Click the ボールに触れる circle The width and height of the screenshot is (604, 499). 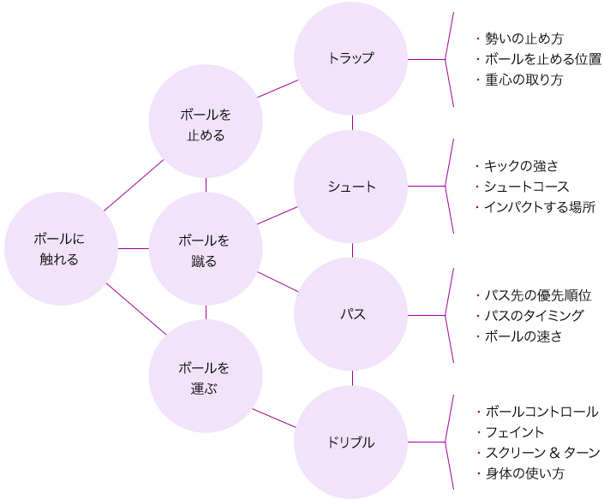coord(61,248)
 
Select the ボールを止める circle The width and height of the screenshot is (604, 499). coord(206,122)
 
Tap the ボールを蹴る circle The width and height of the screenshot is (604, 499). coord(206,248)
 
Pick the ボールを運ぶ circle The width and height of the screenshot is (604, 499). coord(206,376)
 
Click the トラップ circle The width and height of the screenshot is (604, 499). coord(350,58)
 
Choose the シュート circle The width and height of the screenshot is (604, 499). coord(350,187)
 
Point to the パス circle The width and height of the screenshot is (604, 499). coord(350,314)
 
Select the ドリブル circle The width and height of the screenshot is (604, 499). coord(350,442)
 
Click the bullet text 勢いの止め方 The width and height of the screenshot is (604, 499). coord(523,39)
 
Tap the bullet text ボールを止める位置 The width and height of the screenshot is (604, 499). coord(543,59)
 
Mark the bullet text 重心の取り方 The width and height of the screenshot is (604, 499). coord(523,80)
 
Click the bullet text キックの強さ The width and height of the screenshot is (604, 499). coord(521,166)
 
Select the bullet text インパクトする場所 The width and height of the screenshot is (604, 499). coord(540,207)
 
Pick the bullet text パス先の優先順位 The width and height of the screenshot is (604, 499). coord(538,295)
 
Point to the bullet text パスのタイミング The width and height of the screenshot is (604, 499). coord(535,316)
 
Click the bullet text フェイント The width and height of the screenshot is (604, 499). coord(515,432)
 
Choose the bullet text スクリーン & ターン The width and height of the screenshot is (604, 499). coord(543,453)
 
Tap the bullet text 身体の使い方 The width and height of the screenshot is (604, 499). coord(524,473)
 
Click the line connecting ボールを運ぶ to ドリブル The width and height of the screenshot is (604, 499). coord(274,419)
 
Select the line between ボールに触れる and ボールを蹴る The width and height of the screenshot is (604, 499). coord(134,248)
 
